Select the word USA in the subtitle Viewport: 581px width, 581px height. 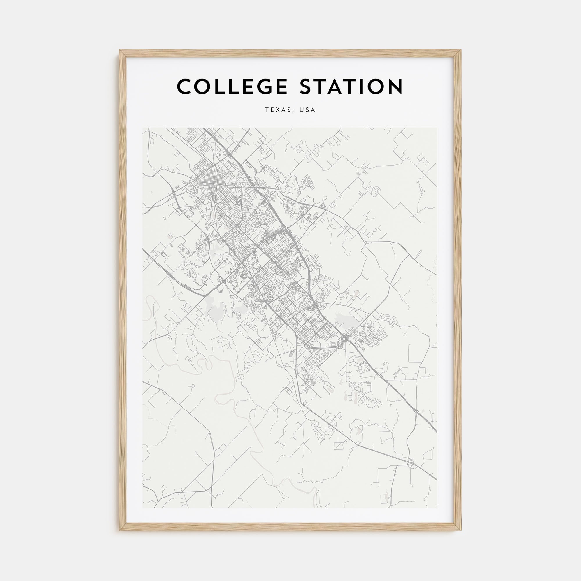point(307,110)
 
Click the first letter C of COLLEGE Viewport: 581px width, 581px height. point(184,87)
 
